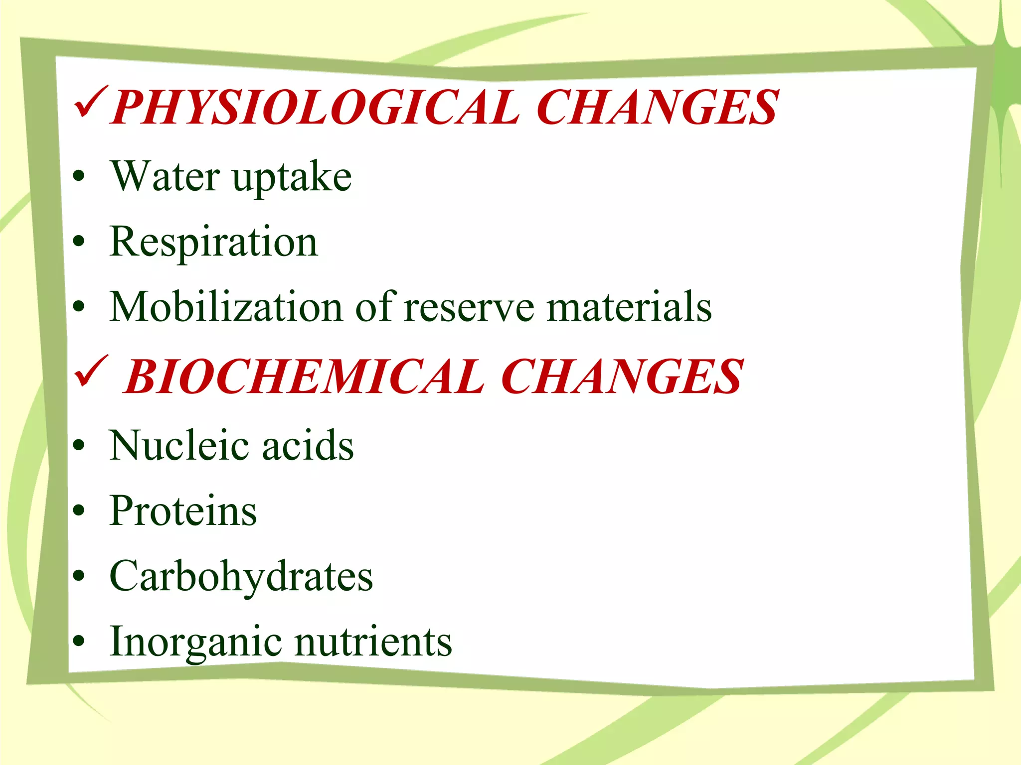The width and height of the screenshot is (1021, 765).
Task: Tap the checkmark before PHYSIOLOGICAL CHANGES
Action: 90,102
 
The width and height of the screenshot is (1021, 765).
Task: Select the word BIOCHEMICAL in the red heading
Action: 304,377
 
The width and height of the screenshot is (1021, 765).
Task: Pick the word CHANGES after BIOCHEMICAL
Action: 622,377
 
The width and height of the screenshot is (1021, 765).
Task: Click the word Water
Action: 165,176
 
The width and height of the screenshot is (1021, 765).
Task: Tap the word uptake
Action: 292,178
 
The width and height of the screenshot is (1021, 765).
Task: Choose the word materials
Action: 629,307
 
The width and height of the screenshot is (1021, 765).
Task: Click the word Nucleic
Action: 179,445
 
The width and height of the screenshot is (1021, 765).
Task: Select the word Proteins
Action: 183,510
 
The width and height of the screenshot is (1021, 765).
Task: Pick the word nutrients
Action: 373,642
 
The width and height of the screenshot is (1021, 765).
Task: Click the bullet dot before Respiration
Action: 79,242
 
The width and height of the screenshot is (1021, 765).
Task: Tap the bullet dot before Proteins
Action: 79,510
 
